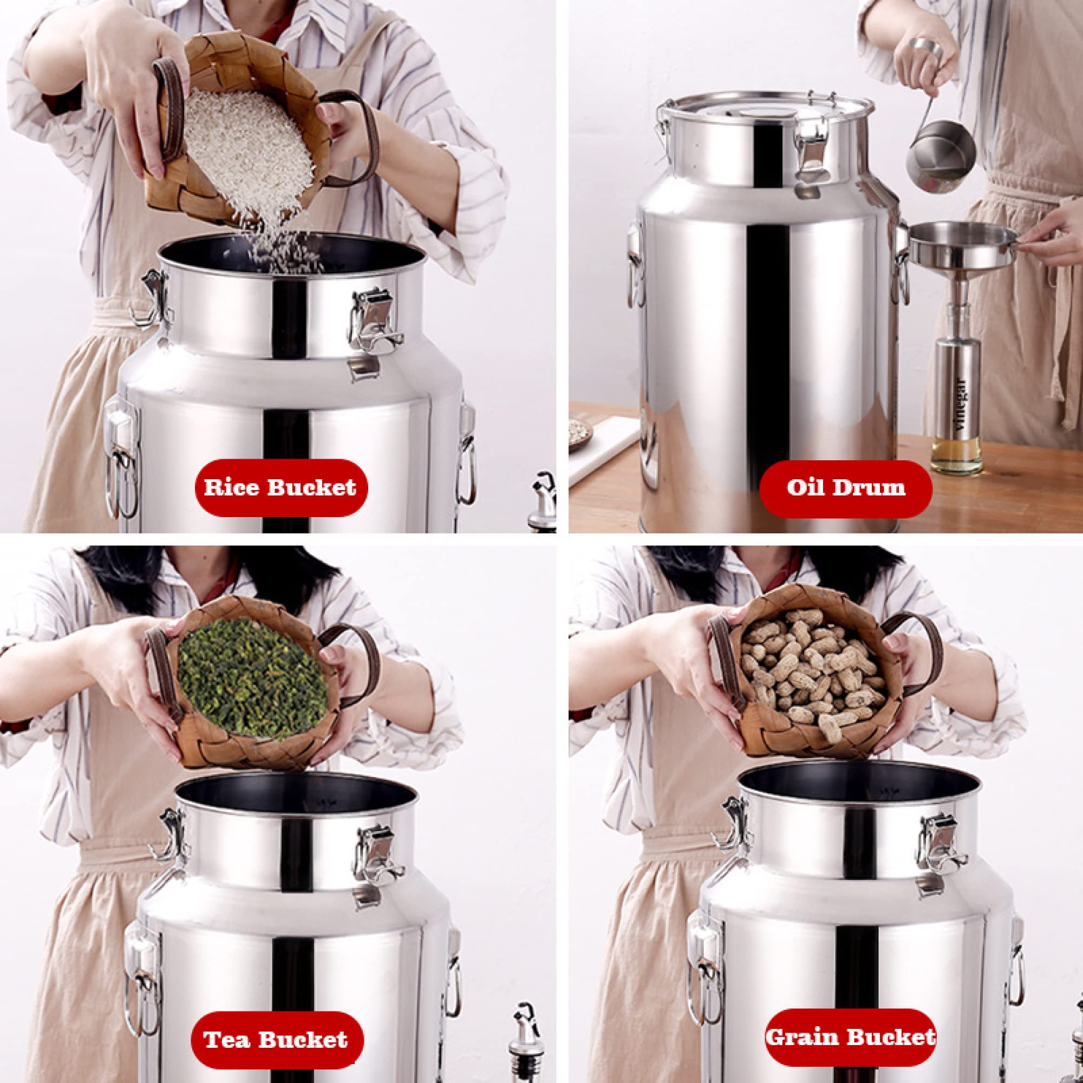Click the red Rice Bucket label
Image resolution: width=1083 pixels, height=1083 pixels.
281,487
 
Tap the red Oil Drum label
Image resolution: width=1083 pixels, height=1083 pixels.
846,488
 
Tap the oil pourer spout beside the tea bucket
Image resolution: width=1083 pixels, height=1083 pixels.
525,1032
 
